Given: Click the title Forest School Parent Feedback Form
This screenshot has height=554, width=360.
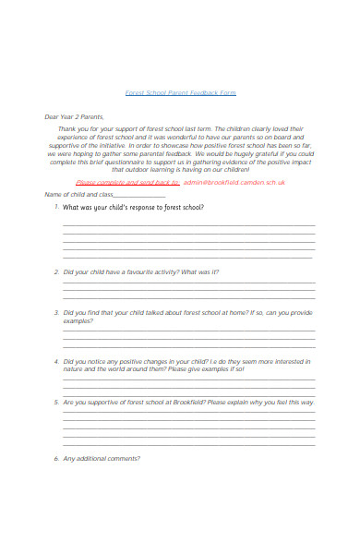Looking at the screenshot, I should pos(180,92).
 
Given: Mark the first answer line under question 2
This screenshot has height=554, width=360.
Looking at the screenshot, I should pos(188,283).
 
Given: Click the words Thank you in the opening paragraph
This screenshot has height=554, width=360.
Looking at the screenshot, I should pos(72,128).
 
